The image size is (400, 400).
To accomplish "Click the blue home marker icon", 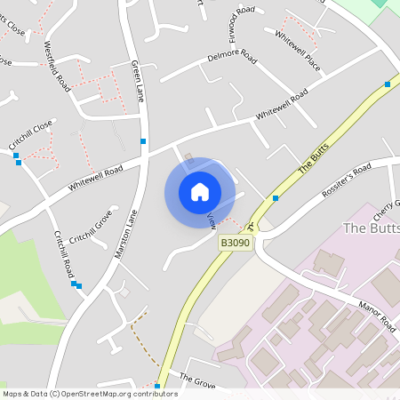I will tap(200, 192).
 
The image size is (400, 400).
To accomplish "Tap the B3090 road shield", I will tap(235, 242).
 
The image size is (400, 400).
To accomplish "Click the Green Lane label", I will tap(137, 81).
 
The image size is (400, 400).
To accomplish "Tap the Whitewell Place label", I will tap(298, 51).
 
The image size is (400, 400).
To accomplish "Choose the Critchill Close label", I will tap(31, 132).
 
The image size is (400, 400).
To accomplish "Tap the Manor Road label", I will tap(376, 317).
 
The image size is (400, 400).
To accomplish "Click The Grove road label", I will tap(197, 380).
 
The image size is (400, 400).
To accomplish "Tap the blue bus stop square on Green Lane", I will tap(143, 140).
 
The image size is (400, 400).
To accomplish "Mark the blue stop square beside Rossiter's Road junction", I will tap(276, 197).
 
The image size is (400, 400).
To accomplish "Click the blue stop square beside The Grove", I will tap(157, 386).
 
